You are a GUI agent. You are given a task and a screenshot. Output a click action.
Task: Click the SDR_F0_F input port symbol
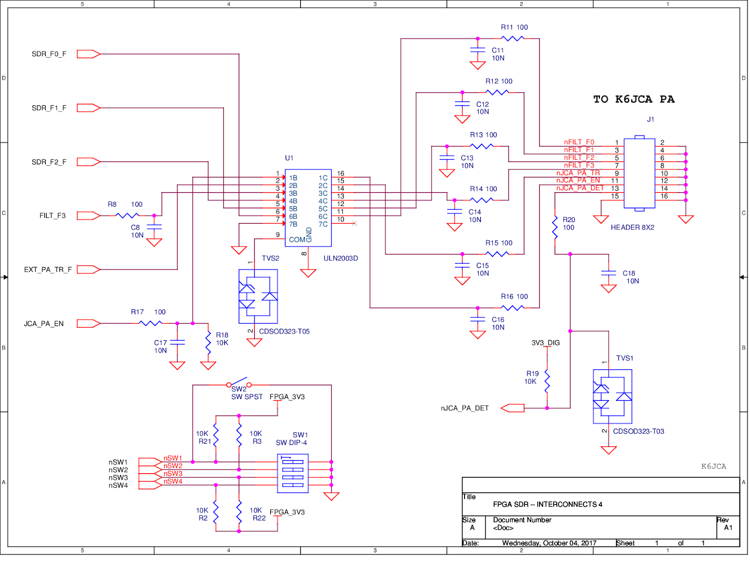click(x=88, y=54)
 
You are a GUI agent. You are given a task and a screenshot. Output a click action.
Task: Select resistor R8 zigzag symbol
click(x=127, y=215)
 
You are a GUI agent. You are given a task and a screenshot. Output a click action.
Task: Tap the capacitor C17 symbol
click(x=177, y=342)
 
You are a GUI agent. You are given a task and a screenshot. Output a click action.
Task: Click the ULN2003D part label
click(x=341, y=258)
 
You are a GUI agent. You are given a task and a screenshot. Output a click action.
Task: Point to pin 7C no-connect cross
click(x=354, y=223)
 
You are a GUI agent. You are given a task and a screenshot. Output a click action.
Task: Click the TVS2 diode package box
click(x=258, y=296)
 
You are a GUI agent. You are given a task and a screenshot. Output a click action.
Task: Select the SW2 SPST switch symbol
click(x=239, y=383)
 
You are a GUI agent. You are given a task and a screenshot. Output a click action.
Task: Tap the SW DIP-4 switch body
click(x=292, y=473)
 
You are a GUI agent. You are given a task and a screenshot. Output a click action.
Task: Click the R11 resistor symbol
click(x=512, y=38)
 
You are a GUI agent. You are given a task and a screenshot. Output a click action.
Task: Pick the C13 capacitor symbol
click(x=447, y=158)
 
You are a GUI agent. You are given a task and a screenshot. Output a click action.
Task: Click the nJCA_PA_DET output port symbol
click(x=512, y=408)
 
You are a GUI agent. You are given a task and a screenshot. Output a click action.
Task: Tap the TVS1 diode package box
click(x=612, y=396)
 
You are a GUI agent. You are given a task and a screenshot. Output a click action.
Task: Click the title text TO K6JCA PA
click(x=634, y=99)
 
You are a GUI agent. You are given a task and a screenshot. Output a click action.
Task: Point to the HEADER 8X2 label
click(x=632, y=227)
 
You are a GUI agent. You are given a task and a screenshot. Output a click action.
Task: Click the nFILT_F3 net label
click(x=579, y=165)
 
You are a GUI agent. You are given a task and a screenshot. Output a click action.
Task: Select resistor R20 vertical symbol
click(x=555, y=227)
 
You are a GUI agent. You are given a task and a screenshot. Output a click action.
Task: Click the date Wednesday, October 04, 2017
click(x=549, y=543)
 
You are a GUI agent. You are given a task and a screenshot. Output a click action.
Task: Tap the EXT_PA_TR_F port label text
click(x=48, y=269)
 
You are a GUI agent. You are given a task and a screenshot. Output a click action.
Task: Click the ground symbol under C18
click(x=608, y=289)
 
